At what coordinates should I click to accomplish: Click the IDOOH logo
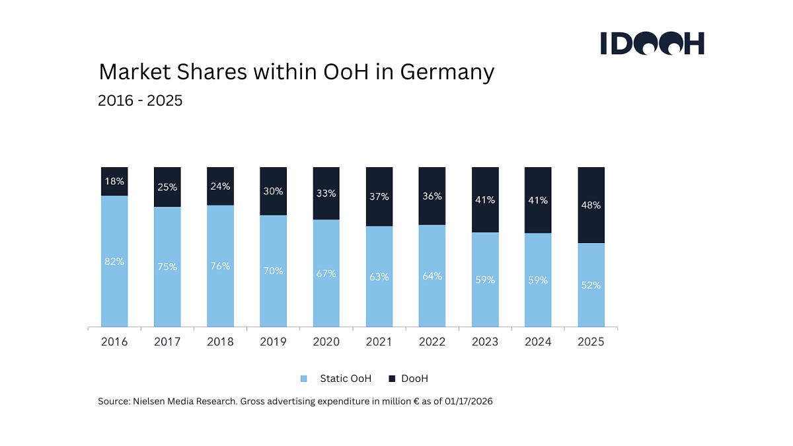(652, 43)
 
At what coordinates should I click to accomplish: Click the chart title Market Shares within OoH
(296, 71)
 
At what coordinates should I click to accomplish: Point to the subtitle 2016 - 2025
(140, 101)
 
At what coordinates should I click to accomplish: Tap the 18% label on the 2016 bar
(114, 181)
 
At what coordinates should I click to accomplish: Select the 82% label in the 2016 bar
(114, 262)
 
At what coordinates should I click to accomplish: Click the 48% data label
(591, 205)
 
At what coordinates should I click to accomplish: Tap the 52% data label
(591, 285)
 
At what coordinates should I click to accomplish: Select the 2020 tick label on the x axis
(326, 342)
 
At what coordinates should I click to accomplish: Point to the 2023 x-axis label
(485, 342)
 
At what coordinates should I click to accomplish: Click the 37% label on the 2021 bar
(379, 197)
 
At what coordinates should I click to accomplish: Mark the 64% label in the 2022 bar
(432, 276)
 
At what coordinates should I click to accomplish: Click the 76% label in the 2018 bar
(220, 266)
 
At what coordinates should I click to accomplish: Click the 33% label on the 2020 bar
(326, 194)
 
